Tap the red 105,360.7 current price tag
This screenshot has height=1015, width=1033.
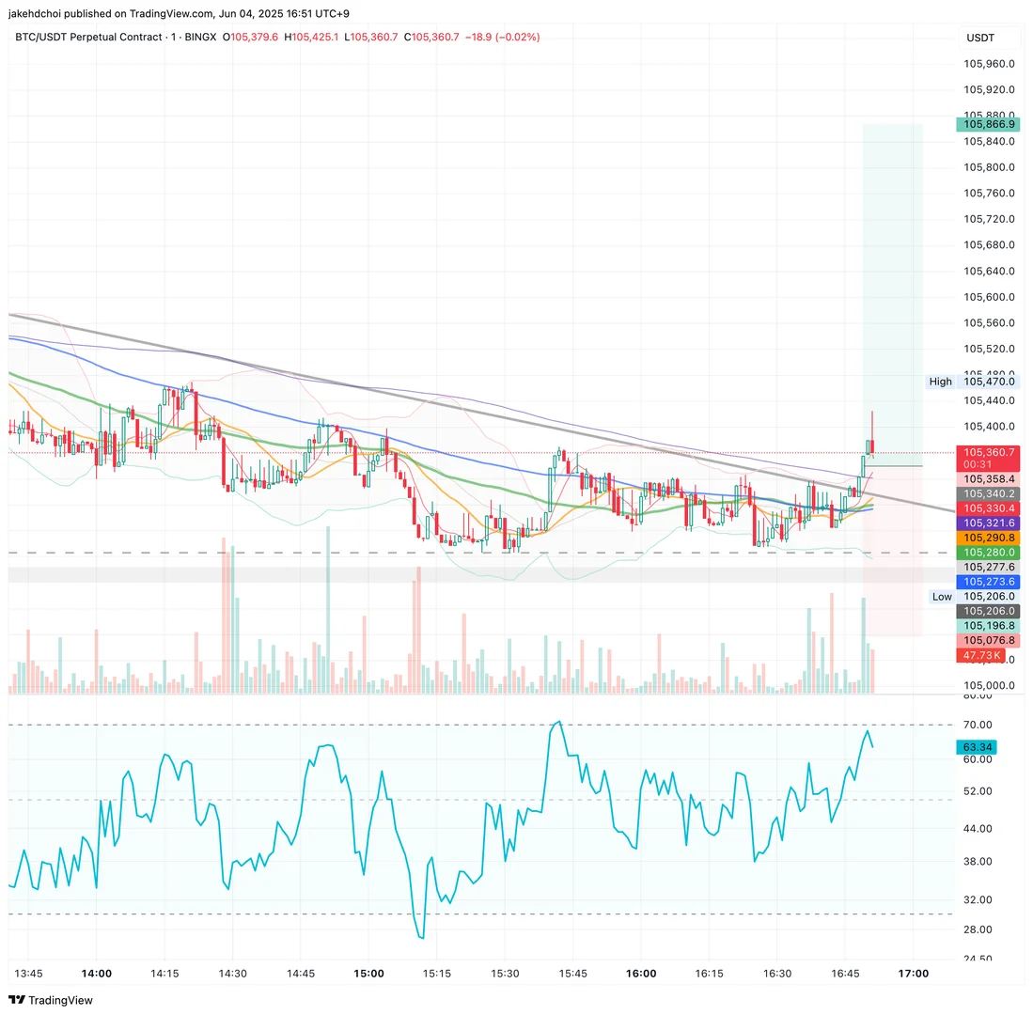coord(986,452)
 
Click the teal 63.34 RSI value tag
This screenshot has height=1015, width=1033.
coord(976,747)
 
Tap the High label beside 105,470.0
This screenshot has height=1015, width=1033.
coord(940,382)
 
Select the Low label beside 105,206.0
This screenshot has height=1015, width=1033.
coord(941,596)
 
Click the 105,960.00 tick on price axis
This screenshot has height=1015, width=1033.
coord(989,64)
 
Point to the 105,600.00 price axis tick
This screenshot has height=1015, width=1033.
coord(989,297)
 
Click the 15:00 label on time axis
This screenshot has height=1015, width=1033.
coord(368,973)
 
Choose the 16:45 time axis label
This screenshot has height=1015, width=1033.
coord(847,973)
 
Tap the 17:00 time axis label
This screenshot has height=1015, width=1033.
coord(914,973)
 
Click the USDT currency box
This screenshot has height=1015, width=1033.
coord(979,39)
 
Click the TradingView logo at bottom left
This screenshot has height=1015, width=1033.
coord(51,1000)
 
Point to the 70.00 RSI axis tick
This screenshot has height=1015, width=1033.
coord(978,725)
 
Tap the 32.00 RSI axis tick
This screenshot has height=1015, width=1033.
coord(978,899)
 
